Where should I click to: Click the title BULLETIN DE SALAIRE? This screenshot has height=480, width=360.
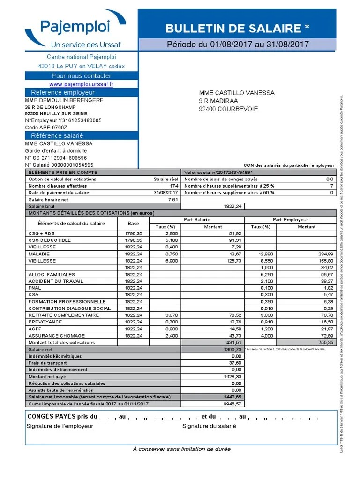tap(237, 29)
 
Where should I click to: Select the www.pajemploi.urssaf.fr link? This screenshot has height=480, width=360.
tap(81, 84)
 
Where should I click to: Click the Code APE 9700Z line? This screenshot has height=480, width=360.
tap(46, 127)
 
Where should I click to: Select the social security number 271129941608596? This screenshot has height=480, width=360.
tap(56, 158)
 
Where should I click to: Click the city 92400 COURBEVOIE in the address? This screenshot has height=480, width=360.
tap(228, 109)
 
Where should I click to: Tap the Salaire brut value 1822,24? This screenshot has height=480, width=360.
tap(232, 206)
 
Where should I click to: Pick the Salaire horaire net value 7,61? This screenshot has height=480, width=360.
tap(173, 200)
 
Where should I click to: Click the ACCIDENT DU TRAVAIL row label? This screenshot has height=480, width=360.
tap(56, 281)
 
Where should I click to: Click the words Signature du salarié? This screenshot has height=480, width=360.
tap(209, 426)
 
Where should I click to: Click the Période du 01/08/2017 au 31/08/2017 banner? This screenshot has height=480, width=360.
tap(238, 45)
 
